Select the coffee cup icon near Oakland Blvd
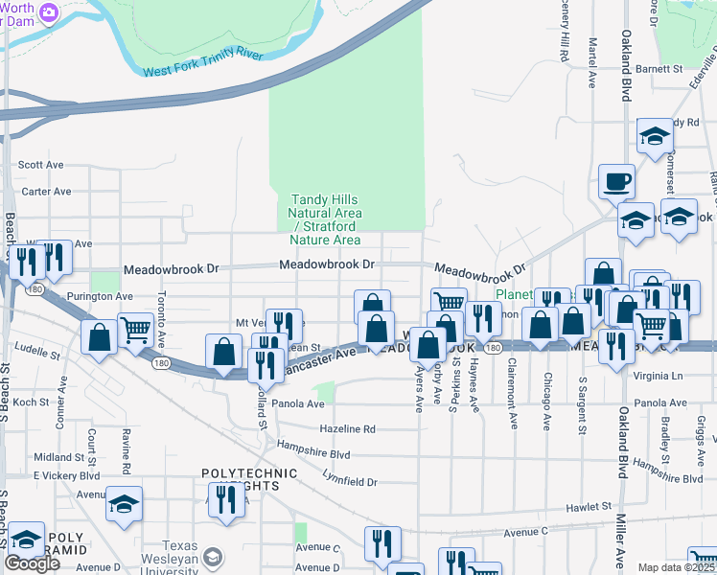click(x=616, y=180)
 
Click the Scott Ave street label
click(x=40, y=165)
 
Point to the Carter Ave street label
click(x=47, y=192)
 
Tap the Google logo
click(x=32, y=563)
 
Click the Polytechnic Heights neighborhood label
click(x=241, y=480)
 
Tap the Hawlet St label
click(x=588, y=505)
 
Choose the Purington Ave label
click(x=98, y=297)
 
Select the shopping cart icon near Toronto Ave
click(x=135, y=330)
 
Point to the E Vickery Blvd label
click(x=66, y=475)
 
